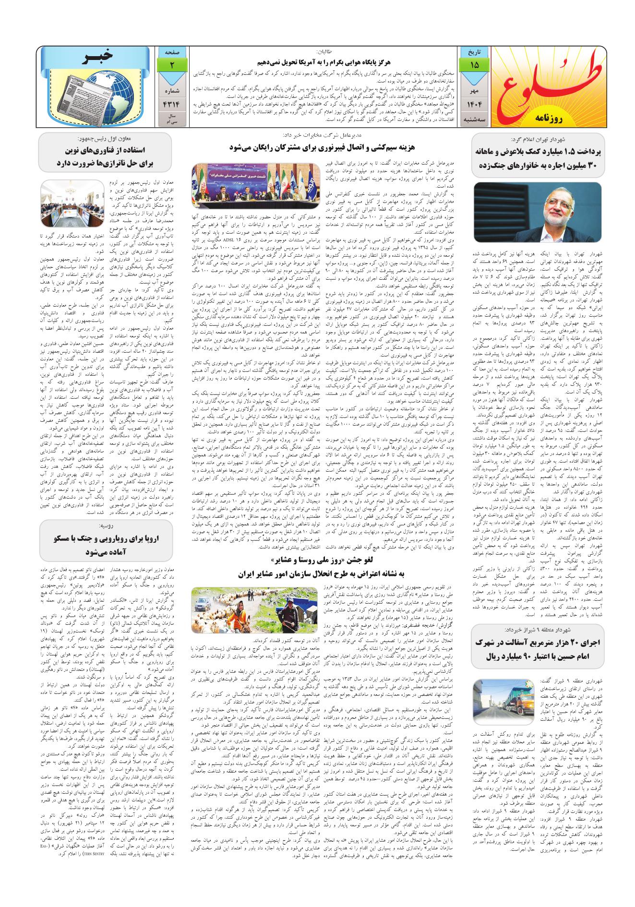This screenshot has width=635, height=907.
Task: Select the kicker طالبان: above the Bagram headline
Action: (x=326, y=51)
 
